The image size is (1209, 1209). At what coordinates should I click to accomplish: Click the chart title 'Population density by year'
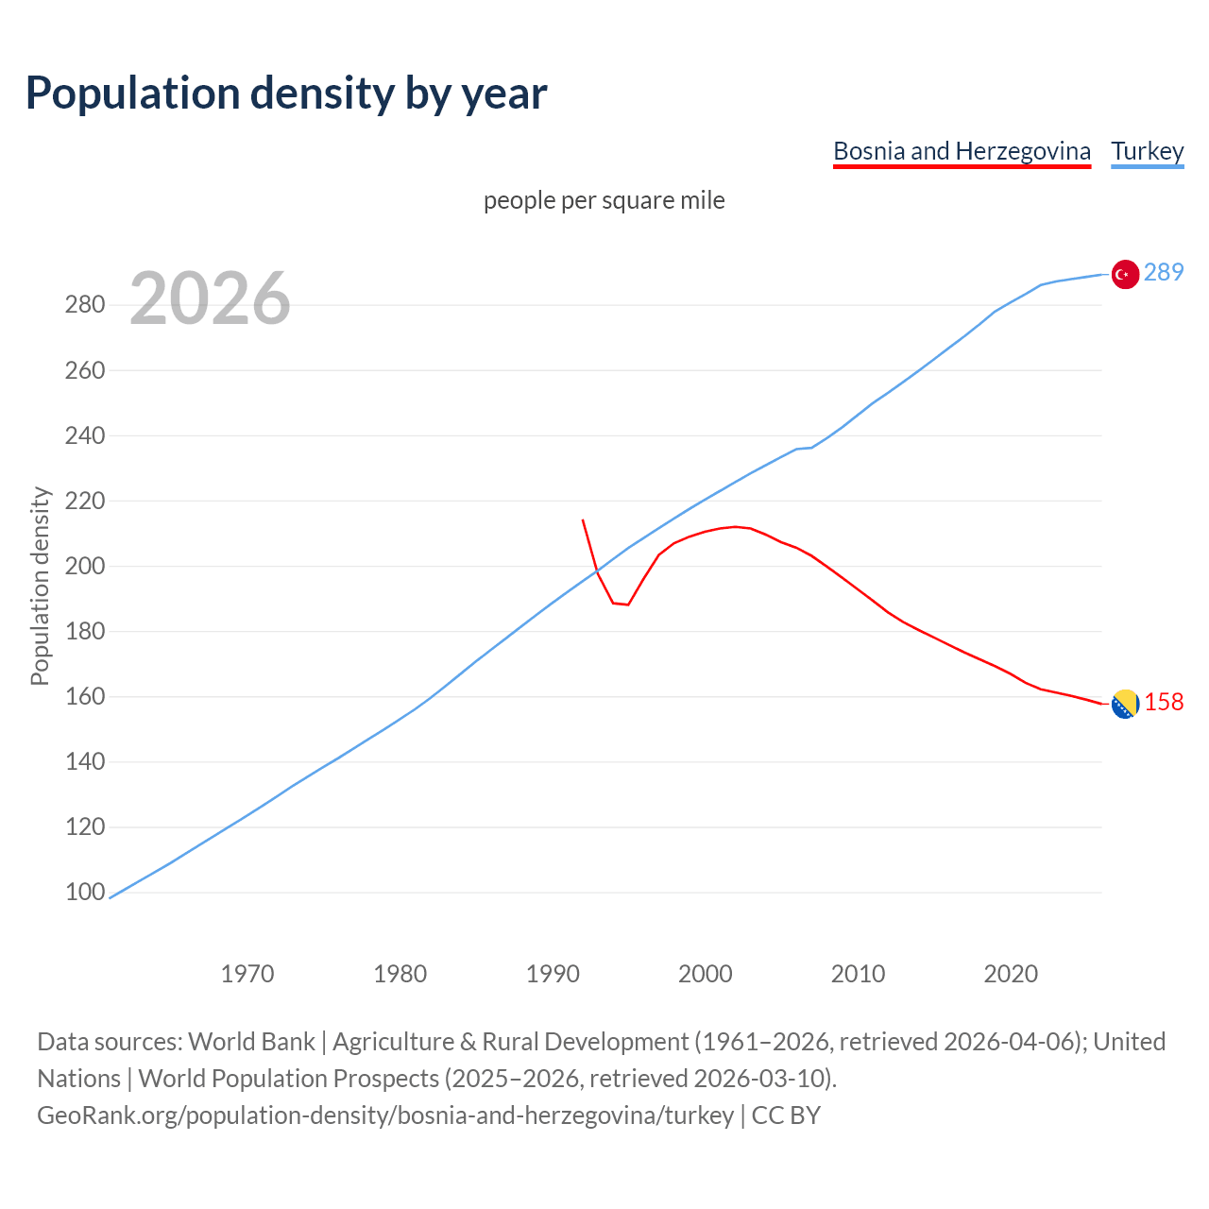pos(286,93)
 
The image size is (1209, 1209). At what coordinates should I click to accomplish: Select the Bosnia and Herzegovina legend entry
pos(962,151)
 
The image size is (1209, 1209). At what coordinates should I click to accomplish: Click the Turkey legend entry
pos(1147,151)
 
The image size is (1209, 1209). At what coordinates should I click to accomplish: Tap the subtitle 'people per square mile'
pos(604,200)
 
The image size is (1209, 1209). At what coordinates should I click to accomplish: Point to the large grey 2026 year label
pos(210,298)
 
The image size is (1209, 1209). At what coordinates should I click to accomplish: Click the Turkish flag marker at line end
pos(1124,274)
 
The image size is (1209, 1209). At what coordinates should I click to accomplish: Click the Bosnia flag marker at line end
pos(1124,704)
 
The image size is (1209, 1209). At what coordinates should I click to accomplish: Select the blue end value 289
pos(1164,272)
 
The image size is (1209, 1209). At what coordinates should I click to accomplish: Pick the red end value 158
pos(1164,702)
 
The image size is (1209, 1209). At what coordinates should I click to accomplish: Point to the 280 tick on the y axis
pos(84,305)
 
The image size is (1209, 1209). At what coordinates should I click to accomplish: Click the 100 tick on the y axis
pos(84,893)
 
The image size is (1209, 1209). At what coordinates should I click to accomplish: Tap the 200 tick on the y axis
pos(84,566)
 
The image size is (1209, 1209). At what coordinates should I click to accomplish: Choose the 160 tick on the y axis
pos(84,696)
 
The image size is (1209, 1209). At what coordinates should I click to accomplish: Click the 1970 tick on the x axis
pos(247,973)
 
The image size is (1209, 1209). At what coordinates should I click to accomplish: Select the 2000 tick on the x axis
pos(706,973)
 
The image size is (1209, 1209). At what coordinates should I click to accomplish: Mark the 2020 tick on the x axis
pos(1011,973)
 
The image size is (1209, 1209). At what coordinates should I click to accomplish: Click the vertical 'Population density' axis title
pos(40,586)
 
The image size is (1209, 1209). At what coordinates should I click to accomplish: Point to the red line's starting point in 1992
pos(583,520)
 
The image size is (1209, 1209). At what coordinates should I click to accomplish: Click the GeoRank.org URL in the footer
pos(385,1115)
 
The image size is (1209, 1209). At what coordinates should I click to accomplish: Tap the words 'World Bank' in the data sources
pos(251,1042)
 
